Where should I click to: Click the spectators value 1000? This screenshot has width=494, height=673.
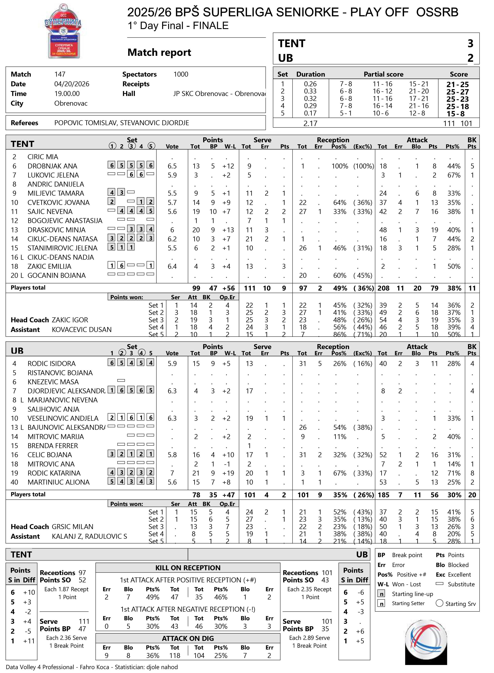181,74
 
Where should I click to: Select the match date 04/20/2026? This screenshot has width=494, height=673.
72,84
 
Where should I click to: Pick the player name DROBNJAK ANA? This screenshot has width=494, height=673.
52,166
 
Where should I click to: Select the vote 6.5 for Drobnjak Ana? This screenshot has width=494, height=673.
172,166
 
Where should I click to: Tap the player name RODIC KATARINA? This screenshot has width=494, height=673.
54,473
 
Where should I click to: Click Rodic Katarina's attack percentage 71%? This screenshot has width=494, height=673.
454,473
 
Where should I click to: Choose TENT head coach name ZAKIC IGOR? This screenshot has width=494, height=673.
70,320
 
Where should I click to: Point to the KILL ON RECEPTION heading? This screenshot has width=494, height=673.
188,568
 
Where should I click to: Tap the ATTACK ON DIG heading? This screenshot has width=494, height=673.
188,638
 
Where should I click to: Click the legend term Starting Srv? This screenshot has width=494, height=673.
460,604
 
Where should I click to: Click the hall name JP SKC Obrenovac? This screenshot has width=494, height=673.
203,94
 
